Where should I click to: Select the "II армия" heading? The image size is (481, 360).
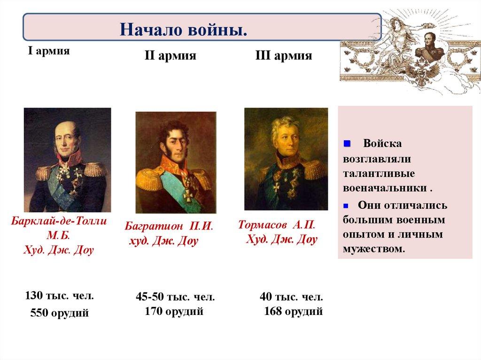coord(170,57)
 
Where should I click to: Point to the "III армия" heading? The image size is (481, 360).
coord(283,57)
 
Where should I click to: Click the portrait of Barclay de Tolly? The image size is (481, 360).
coord(68,160)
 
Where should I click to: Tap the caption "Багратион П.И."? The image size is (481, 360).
coord(169,226)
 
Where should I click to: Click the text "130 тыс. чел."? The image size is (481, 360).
coord(59,296)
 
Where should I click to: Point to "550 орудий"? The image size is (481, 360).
coord(59,313)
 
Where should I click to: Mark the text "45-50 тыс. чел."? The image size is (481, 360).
coord(175,298)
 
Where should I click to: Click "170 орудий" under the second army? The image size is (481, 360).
coord(174,311)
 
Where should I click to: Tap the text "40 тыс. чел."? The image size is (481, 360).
coord(291,298)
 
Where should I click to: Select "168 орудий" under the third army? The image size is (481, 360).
coord(293,311)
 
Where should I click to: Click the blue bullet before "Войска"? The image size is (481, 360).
coord(348,143)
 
